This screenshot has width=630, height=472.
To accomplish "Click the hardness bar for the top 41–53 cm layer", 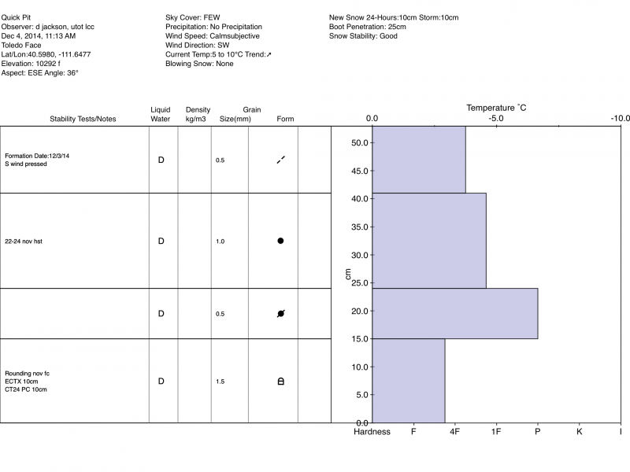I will pyautogui.click(x=419, y=160).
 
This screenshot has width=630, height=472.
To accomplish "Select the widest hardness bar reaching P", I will pyautogui.click(x=455, y=313).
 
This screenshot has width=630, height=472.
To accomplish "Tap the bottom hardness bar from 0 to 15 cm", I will pyautogui.click(x=409, y=381).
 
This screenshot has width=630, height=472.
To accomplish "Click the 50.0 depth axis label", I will pyautogui.click(x=359, y=143).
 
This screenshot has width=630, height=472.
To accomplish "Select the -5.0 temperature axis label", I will pyautogui.click(x=496, y=119).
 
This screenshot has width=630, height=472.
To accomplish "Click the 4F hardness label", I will pyautogui.click(x=455, y=432).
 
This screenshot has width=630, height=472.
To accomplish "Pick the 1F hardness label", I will pyautogui.click(x=496, y=432).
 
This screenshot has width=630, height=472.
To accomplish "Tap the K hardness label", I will pyautogui.click(x=580, y=432).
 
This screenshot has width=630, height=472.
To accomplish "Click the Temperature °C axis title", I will pyautogui.click(x=496, y=107).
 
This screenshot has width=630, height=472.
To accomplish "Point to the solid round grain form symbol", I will pyautogui.click(x=280, y=241).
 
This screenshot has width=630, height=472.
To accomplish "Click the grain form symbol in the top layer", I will pyautogui.click(x=280, y=160).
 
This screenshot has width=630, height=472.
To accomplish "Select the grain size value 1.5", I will pyautogui.click(x=220, y=382).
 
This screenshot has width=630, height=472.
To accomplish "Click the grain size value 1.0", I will pyautogui.click(x=220, y=242).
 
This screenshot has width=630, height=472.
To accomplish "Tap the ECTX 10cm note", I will pyautogui.click(x=21, y=382).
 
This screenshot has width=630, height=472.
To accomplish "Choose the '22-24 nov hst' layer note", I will pyautogui.click(x=24, y=242).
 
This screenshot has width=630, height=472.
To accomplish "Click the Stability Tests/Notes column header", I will pyautogui.click(x=83, y=120).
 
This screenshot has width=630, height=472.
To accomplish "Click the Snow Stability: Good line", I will pyautogui.click(x=363, y=36).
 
